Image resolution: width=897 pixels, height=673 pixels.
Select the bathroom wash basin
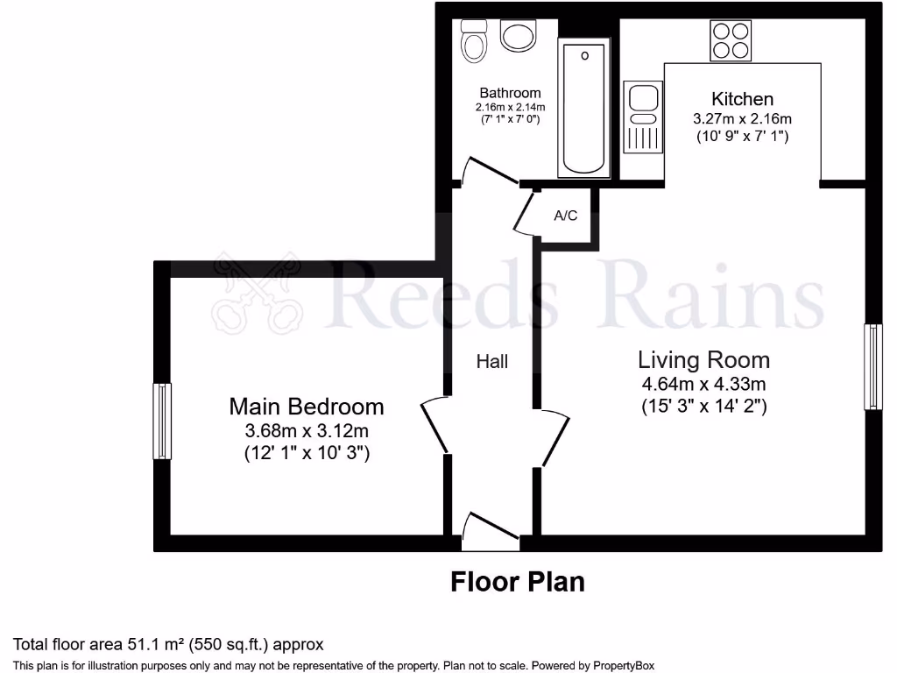coord(518,37)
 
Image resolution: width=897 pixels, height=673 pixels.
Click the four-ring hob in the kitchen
coord(730,40)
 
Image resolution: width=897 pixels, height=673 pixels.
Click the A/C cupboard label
coord(566,216)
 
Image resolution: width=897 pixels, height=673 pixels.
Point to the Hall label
coord(491,361)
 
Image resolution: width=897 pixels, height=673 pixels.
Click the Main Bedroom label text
coord(306,407)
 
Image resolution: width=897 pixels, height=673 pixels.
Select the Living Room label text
coord(703,359)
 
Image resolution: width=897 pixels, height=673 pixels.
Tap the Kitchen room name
coord(742,99)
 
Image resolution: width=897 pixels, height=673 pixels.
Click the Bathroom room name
coord(510,93)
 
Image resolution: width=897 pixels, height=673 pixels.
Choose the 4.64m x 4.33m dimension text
coord(703,384)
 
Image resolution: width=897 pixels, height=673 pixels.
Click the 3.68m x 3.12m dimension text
coord(306,430)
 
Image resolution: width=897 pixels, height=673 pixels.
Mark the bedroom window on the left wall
coord(162,421)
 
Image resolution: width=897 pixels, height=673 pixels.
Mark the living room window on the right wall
coord(872,366)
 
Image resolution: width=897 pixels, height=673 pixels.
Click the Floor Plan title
coord(517,581)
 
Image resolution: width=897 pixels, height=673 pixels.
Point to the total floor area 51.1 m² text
coord(167,645)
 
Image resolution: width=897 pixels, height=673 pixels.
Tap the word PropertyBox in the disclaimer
coord(620,665)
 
